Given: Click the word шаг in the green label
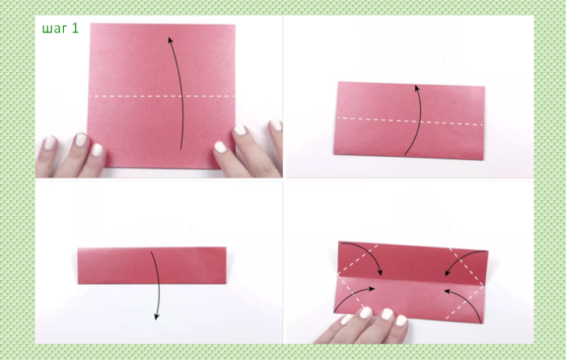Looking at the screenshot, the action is [54, 29].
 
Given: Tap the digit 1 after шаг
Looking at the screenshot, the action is [75, 28].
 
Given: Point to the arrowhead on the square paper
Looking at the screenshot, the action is [171, 40].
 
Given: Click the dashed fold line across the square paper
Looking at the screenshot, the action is [162, 96].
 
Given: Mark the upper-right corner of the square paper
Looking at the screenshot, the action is [235, 25].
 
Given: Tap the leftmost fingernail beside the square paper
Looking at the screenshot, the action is [50, 143].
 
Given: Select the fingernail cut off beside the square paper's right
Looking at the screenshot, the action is [277, 125].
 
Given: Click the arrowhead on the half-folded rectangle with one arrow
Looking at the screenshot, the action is [417, 88].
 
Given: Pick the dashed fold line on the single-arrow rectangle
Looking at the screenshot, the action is [410, 121].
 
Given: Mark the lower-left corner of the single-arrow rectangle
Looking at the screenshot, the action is [334, 155].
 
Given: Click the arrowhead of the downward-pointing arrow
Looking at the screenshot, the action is [157, 316].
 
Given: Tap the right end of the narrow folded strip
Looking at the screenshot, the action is [226, 265].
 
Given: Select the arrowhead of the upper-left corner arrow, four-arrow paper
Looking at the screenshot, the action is [379, 273].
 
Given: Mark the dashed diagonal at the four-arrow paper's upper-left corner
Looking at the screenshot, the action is [357, 259].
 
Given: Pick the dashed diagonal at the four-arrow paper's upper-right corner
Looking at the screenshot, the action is [467, 267].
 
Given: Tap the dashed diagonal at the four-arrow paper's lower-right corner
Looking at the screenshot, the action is [465, 303].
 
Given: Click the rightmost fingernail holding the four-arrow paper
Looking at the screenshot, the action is [401, 320].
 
